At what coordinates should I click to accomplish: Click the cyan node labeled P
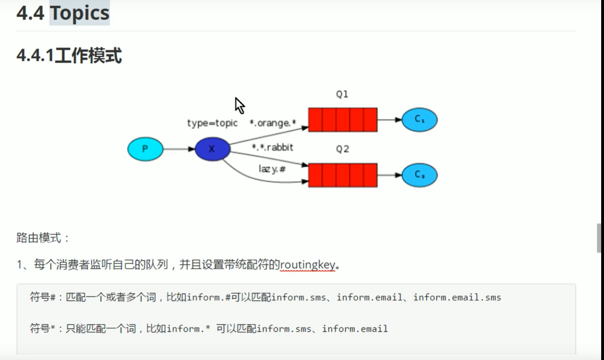point(145,149)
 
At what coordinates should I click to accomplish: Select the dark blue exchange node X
point(212,149)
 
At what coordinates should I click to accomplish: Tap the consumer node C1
point(419,120)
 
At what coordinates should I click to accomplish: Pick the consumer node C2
point(419,175)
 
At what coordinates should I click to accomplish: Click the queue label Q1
point(342,94)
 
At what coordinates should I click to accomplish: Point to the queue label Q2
point(342,149)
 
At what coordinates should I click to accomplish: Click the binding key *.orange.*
point(272,123)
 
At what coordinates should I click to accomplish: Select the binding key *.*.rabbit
point(272,148)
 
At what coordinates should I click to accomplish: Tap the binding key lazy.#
point(272,168)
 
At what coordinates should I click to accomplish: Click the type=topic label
point(212,123)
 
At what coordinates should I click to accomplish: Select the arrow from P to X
point(179,149)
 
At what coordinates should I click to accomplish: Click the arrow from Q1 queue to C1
point(390,120)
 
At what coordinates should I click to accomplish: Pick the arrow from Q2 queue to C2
point(390,175)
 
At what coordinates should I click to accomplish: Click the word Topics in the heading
point(80,13)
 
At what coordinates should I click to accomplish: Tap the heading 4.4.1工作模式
point(69,56)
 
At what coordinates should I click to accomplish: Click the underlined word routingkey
point(307,265)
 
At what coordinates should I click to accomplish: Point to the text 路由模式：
point(43,238)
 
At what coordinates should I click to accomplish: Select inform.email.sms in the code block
point(457,297)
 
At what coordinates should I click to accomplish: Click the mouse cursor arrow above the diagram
point(240,105)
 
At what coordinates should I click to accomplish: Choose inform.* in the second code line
point(188,328)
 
